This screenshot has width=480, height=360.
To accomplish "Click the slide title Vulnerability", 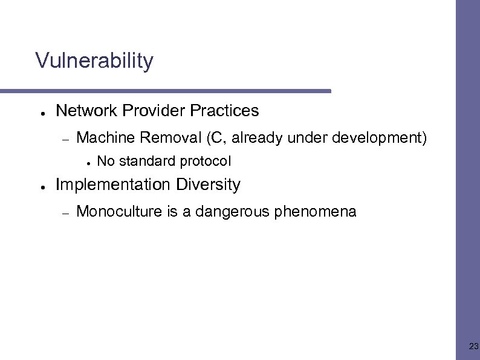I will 94,61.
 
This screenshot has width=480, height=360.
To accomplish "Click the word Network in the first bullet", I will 86,111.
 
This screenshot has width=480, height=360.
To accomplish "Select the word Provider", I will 154,111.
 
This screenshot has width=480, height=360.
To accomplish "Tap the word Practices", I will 224,111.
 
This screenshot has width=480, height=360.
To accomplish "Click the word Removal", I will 171,138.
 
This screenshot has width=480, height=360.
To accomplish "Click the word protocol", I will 209,162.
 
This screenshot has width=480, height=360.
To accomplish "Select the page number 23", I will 473,347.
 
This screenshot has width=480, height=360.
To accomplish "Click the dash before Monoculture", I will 66,212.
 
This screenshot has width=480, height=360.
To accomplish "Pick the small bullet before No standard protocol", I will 88,163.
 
